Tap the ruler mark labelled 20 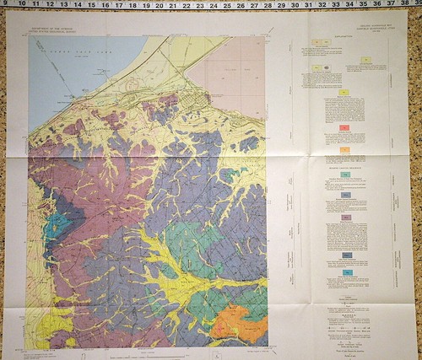[x=172, y=5]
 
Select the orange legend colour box [x=344, y=149]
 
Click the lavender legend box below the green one [x=346, y=217]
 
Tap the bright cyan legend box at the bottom [x=347, y=272]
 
